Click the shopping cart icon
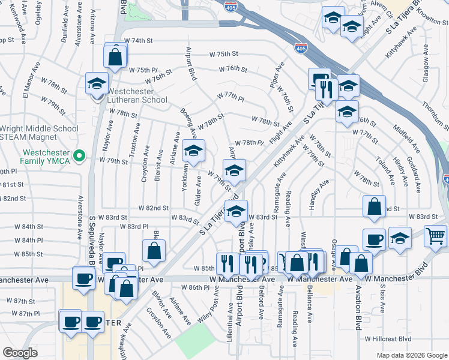coord(435,235)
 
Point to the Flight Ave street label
coord(281,131)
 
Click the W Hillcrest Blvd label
coord(388,338)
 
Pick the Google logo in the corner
coord(20,353)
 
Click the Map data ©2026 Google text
coord(411,355)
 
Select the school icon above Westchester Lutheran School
coord(96,84)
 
